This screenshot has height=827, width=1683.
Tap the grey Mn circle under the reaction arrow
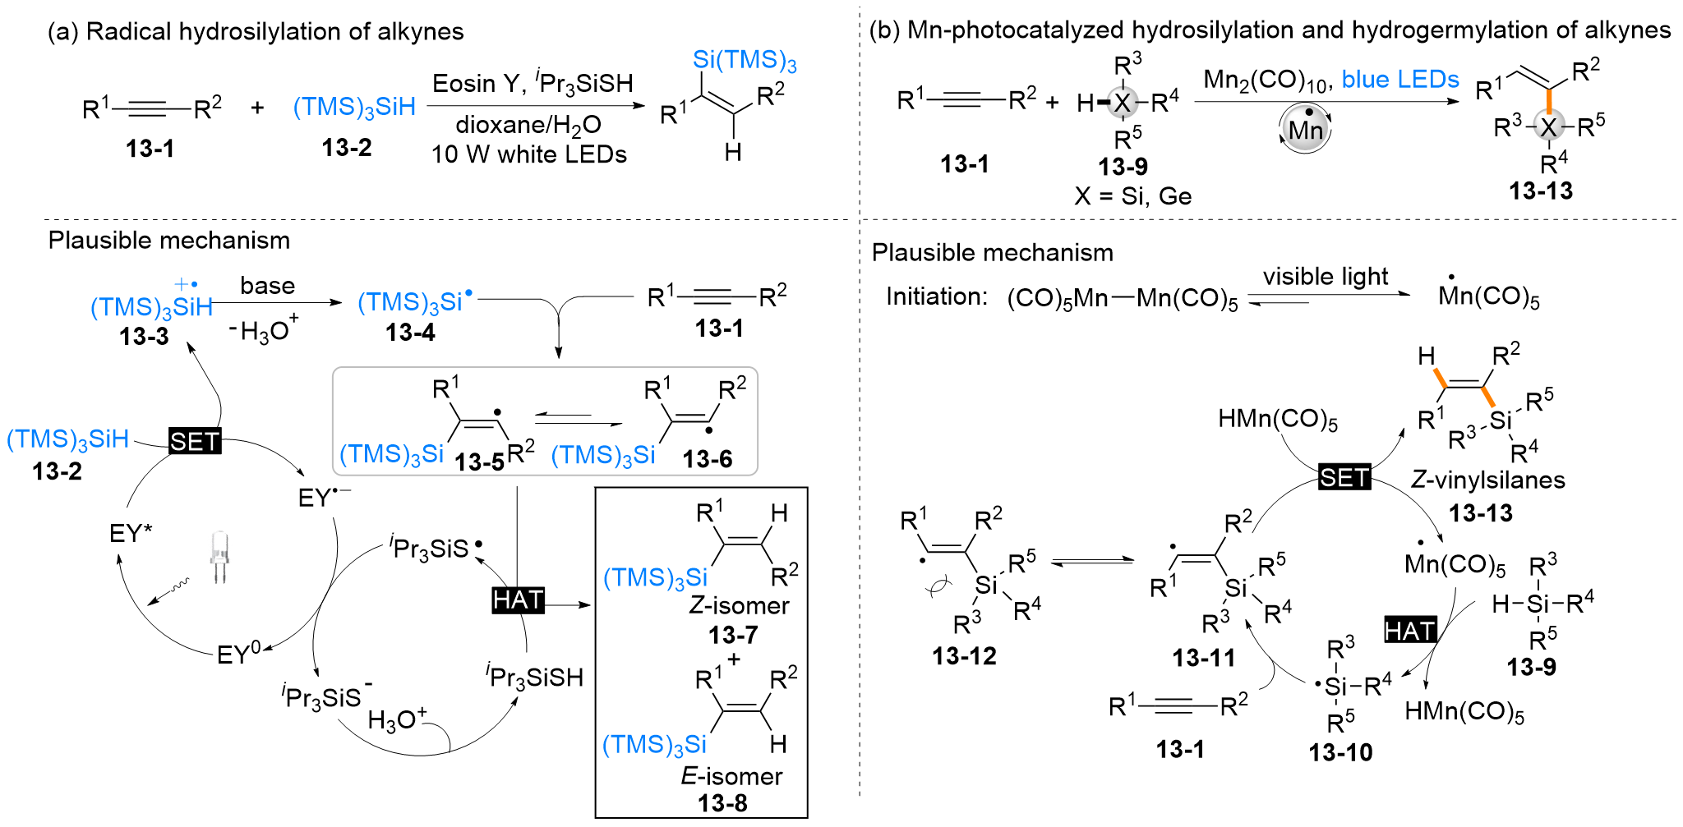pos(1305,130)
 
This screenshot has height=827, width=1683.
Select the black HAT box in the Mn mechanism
pos(1410,630)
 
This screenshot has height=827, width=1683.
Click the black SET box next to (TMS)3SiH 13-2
pos(195,441)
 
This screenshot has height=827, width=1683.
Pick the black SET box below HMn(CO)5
pos(1344,476)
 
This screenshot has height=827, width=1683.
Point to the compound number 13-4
pos(410,333)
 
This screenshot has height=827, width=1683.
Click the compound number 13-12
pos(964,656)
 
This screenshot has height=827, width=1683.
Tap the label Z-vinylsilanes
pos(1487,480)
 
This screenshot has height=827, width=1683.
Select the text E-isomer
pos(731,776)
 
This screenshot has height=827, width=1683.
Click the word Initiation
pos(937,296)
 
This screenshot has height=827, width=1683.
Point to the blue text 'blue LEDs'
pos(1400,80)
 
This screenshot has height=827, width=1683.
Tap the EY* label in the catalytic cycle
pos(131,534)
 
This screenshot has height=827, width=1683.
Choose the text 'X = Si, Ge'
pos(1132,196)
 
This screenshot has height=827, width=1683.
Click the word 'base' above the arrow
pos(267,286)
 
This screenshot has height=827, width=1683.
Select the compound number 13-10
pos(1340,752)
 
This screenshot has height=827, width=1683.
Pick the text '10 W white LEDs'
pos(528,154)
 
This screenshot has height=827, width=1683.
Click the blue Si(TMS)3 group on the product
pos(745,60)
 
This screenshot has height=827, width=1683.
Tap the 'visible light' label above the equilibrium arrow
pos(1326,277)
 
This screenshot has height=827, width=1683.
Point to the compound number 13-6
pos(707,459)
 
